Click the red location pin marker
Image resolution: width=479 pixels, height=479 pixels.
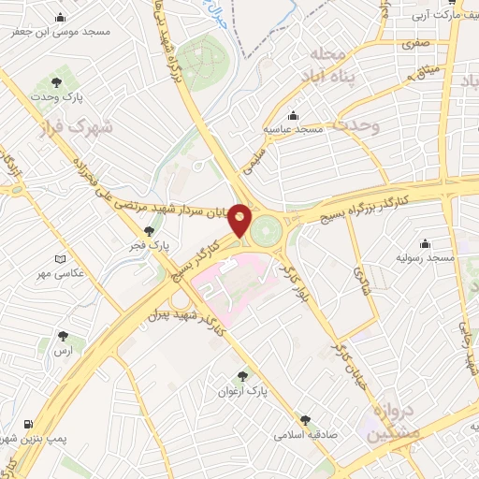click(x=240, y=220)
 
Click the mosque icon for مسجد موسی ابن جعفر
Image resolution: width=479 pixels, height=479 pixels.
click(x=61, y=17)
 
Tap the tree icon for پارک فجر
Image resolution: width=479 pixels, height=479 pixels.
click(x=148, y=230)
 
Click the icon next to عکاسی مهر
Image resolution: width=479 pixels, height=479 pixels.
click(x=61, y=258)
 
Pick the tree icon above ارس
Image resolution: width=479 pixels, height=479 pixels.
click(x=63, y=335)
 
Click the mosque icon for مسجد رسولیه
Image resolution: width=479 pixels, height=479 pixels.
click(x=427, y=242)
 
